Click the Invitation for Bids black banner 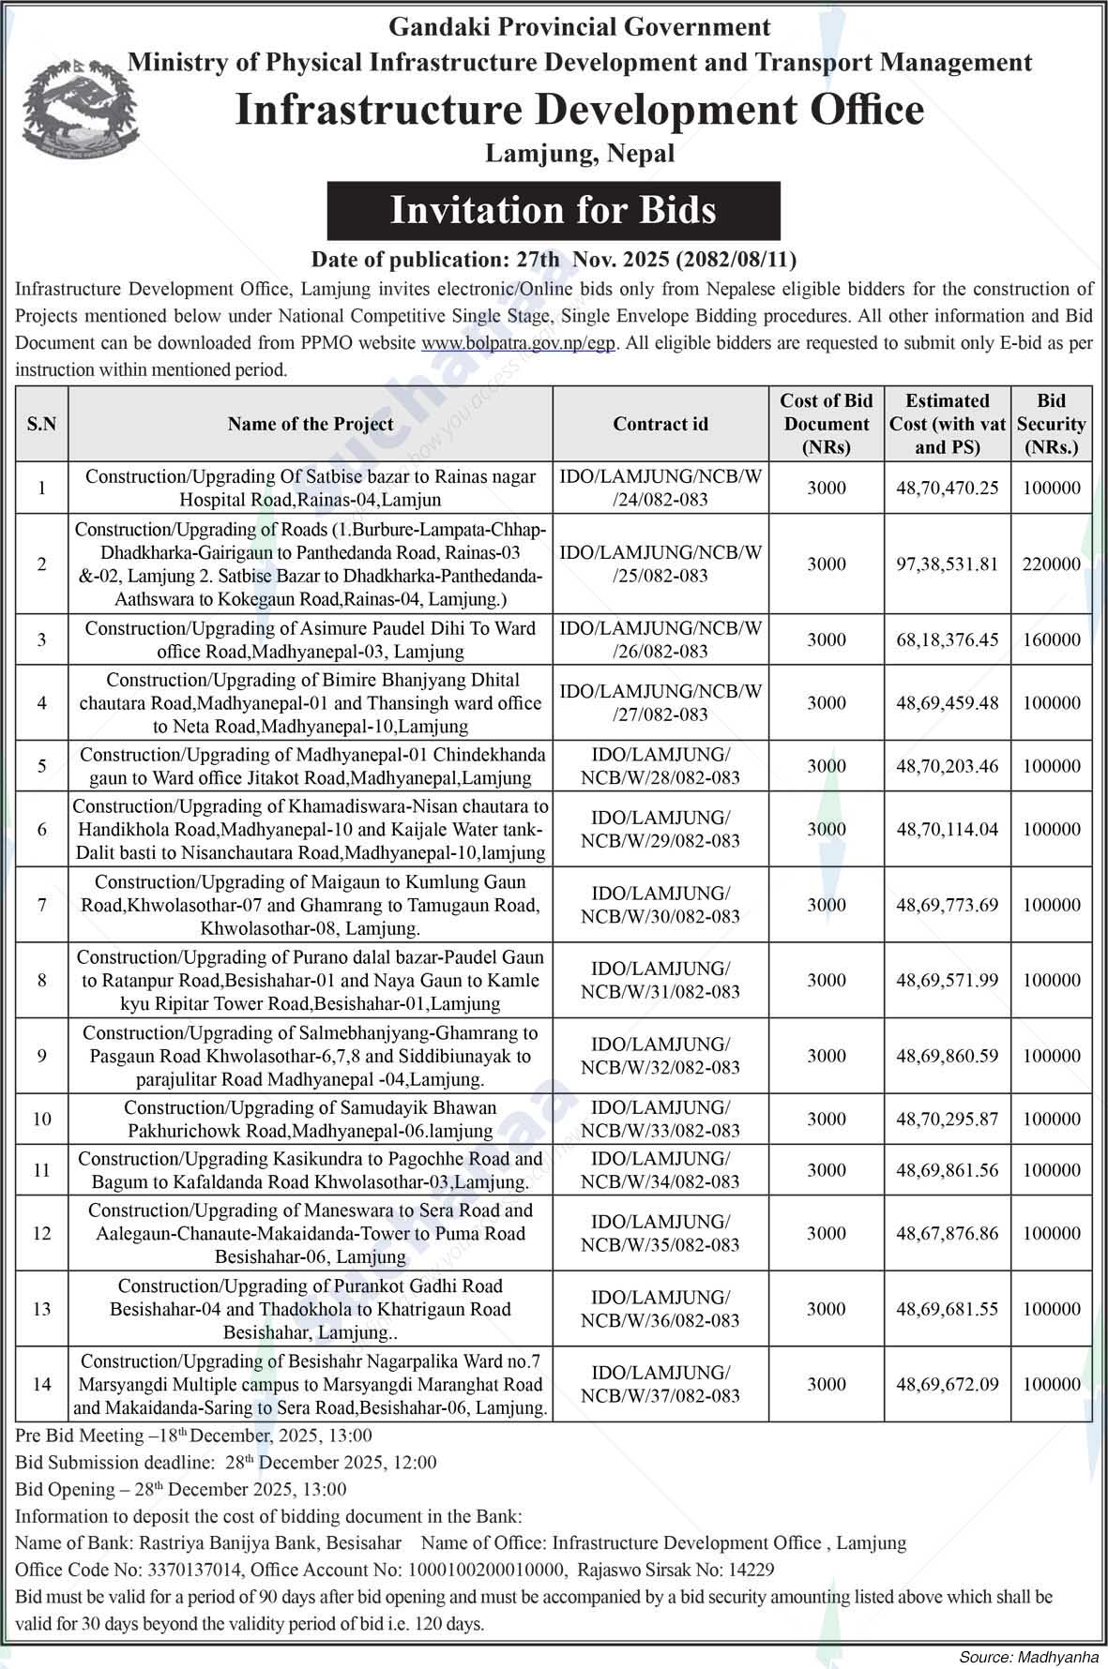click(554, 211)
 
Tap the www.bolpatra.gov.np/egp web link click(519, 343)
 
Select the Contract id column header click(660, 424)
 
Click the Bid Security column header click(1051, 424)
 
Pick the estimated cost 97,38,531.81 click(947, 564)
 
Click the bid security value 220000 click(1051, 564)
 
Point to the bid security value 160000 click(1051, 640)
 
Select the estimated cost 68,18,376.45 click(947, 640)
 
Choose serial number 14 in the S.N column click(41, 1385)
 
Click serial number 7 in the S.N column click(41, 905)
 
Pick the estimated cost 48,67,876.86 click(947, 1234)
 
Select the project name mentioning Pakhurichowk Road click(311, 1119)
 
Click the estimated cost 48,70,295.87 click(947, 1119)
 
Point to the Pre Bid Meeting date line click(193, 1436)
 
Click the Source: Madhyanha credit click(1027, 1657)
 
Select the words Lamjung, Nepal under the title click(579, 153)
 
